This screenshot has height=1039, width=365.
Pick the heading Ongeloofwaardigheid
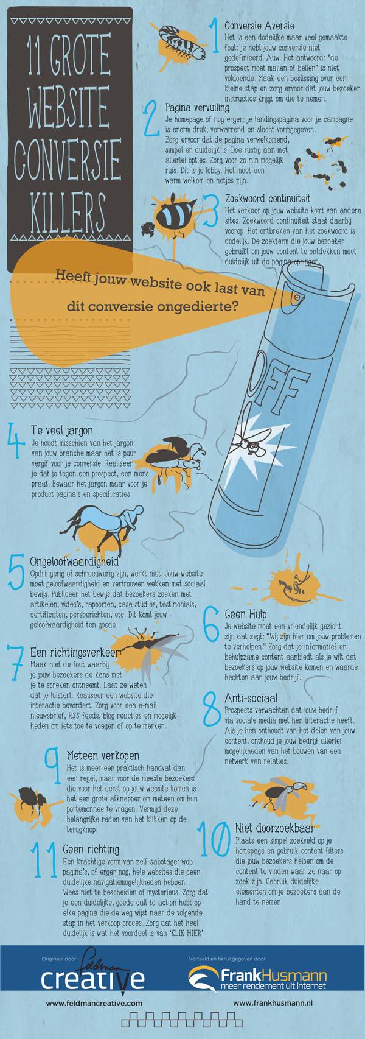pyautogui.click(x=74, y=561)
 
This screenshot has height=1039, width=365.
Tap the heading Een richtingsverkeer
pyautogui.click(x=76, y=652)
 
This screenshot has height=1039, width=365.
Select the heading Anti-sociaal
pyautogui.click(x=251, y=698)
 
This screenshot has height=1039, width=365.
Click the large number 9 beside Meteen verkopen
pyautogui.click(x=54, y=765)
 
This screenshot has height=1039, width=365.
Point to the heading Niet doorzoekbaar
pyautogui.click(x=274, y=828)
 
